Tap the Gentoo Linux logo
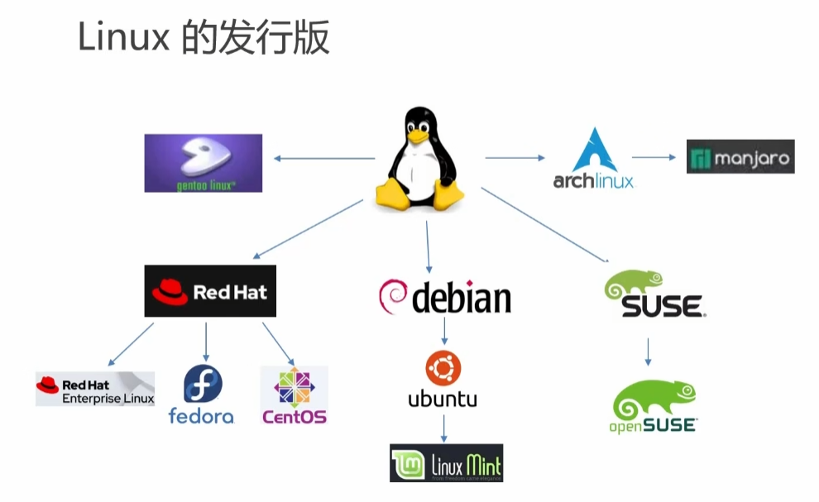click(203, 163)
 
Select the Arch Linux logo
click(594, 159)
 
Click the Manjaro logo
click(740, 156)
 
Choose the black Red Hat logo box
click(210, 291)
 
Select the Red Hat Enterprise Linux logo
click(95, 388)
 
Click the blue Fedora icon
click(202, 385)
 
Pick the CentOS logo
click(295, 396)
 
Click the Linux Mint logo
click(446, 463)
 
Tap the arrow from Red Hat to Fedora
click(206, 341)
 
